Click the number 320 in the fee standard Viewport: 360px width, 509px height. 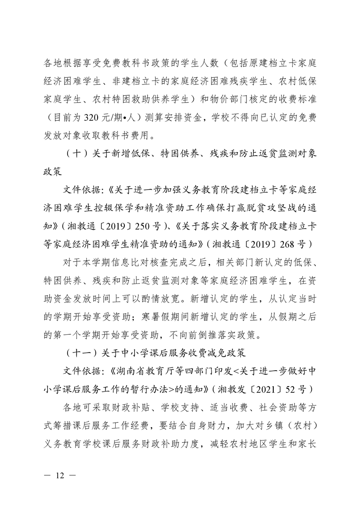tap(94, 117)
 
